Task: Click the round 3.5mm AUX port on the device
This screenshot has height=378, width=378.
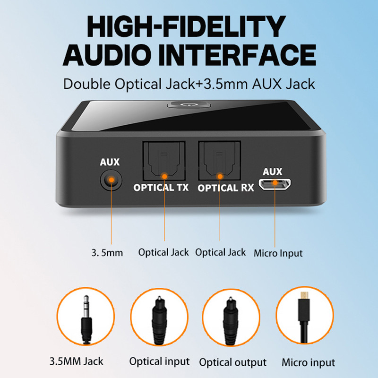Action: [111, 180]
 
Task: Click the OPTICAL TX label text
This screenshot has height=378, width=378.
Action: [161, 188]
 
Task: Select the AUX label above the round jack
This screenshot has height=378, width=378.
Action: [110, 163]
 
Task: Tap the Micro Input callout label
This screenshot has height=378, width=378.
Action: [278, 252]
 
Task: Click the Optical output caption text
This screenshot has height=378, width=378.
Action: [232, 363]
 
